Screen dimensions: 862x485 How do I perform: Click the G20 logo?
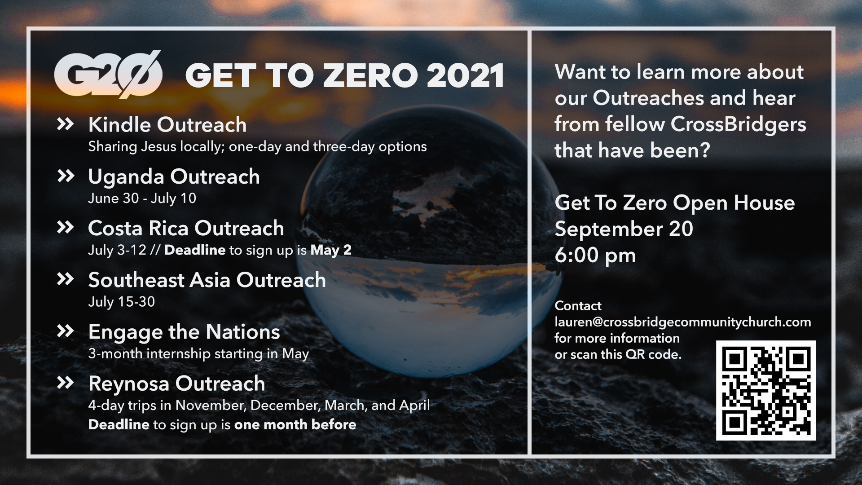point(108,75)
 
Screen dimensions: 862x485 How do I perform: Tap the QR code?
point(766,390)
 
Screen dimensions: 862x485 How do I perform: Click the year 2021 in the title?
point(465,75)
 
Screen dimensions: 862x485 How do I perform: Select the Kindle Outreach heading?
point(167,124)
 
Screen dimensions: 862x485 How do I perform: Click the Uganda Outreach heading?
point(174,176)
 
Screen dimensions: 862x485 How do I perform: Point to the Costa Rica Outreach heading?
point(186,228)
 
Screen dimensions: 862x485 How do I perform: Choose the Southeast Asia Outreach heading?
point(207,280)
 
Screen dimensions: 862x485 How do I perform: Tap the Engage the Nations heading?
point(184,332)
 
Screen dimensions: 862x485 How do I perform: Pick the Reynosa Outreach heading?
point(176,384)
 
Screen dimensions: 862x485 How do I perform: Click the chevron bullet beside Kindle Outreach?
point(66,124)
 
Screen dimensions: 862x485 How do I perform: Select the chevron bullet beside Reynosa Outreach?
point(66,383)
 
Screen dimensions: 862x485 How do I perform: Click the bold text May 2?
point(331,250)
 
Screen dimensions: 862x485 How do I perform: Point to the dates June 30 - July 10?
point(142,198)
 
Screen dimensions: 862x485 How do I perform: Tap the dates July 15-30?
point(121,302)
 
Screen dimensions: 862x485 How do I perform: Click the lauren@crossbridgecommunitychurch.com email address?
point(683,322)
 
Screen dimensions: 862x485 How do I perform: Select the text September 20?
point(624,229)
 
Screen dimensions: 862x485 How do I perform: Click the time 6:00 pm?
point(595,256)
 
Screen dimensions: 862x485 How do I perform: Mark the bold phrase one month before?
point(295,424)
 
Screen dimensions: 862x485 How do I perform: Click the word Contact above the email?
point(578,306)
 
